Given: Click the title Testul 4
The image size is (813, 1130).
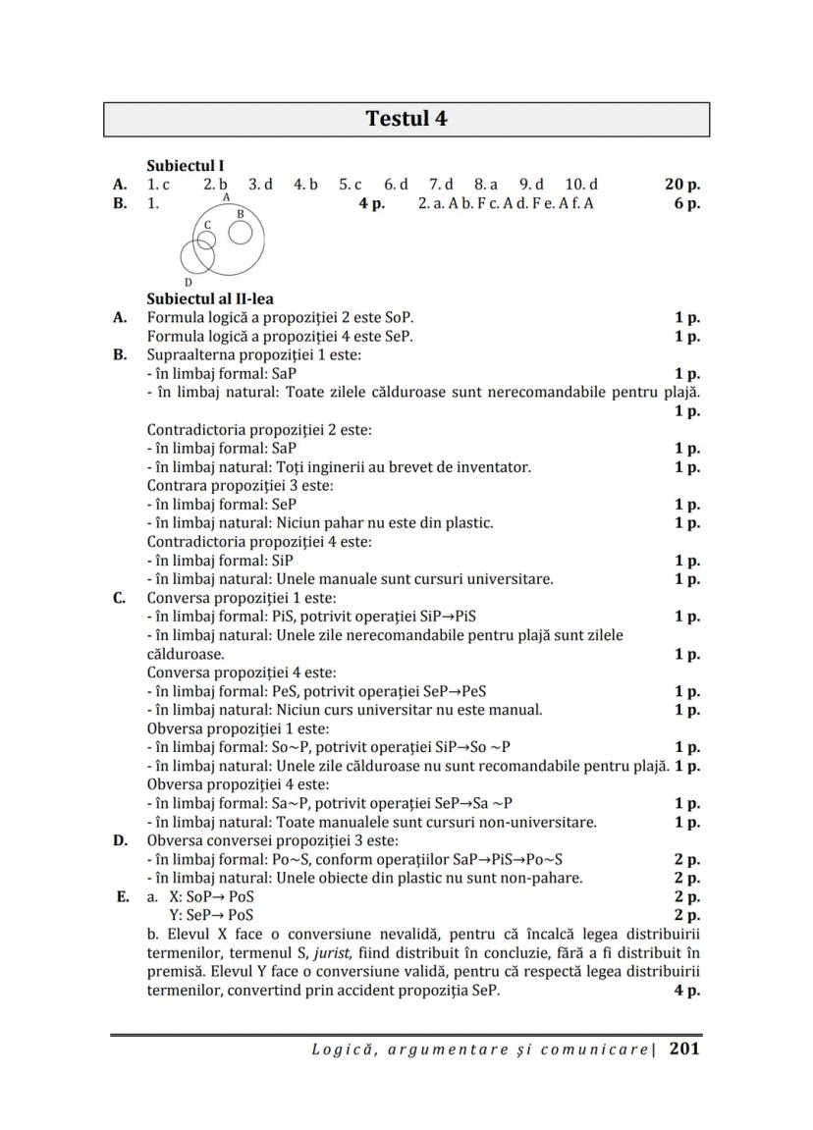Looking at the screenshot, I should (406, 119).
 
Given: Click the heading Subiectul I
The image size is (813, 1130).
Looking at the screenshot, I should (186, 166).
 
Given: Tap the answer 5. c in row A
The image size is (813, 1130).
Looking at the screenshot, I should (351, 184).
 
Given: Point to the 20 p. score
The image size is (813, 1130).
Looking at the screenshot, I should (682, 184).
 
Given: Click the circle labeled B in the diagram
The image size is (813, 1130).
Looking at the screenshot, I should (241, 232).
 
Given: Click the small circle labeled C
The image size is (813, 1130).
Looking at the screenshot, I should (203, 242).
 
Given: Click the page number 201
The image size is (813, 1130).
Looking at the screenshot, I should (684, 1049).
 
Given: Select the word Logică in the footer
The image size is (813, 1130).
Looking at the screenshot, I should (343, 1049).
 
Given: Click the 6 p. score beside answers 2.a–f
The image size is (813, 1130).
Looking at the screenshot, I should (686, 203).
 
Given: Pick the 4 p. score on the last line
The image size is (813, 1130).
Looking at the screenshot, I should (686, 991).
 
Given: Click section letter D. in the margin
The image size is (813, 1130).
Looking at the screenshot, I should (121, 840).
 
